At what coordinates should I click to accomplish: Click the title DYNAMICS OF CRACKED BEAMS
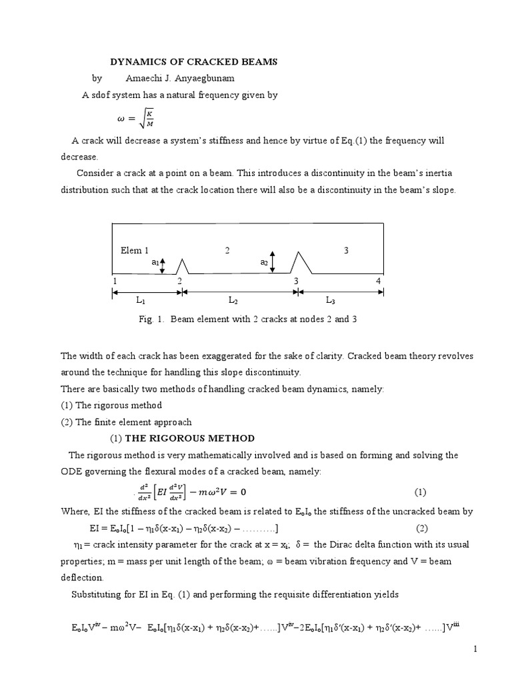(x=193, y=62)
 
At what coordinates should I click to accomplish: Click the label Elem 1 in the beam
(x=134, y=251)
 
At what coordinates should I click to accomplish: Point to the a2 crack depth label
(x=264, y=263)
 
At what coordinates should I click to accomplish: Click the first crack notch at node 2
(x=181, y=266)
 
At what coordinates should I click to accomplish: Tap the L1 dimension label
(x=141, y=301)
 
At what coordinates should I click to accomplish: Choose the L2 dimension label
(x=233, y=301)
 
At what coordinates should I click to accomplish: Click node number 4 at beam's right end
(x=378, y=281)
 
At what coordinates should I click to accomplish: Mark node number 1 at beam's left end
(x=115, y=281)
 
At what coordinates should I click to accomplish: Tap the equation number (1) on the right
(x=420, y=493)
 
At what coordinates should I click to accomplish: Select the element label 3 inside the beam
(x=346, y=251)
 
